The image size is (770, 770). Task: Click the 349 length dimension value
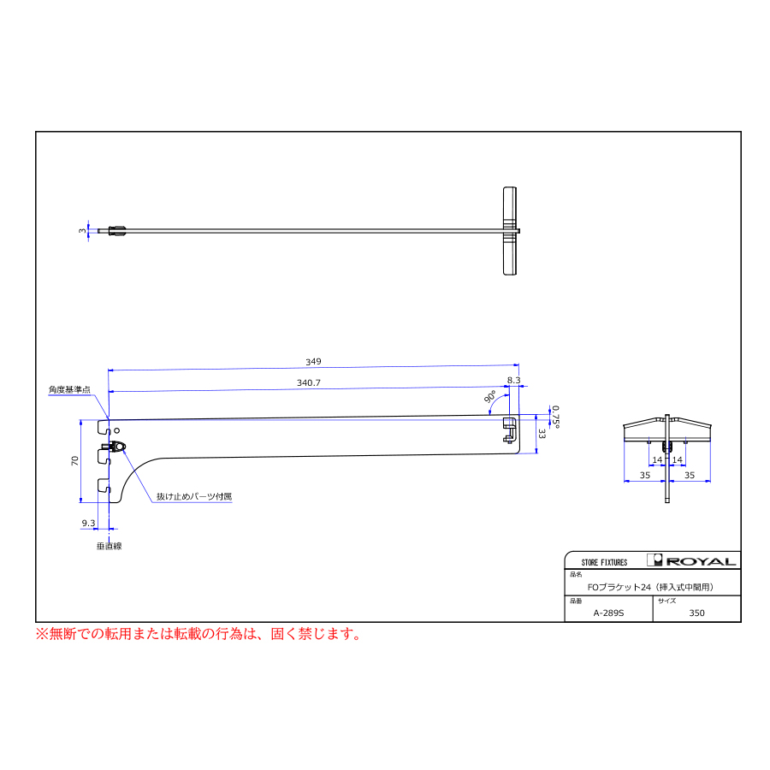[313, 362]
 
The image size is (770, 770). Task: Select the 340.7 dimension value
[308, 383]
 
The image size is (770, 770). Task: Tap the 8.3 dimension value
[513, 380]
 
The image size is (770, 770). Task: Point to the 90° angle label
[489, 397]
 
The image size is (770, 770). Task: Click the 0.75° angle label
[555, 417]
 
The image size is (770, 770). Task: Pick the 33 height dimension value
[542, 434]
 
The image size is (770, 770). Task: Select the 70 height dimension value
[74, 460]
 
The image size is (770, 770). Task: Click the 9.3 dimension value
[88, 523]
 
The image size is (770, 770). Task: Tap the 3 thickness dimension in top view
[82, 231]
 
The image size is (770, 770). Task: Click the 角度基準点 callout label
[70, 389]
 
